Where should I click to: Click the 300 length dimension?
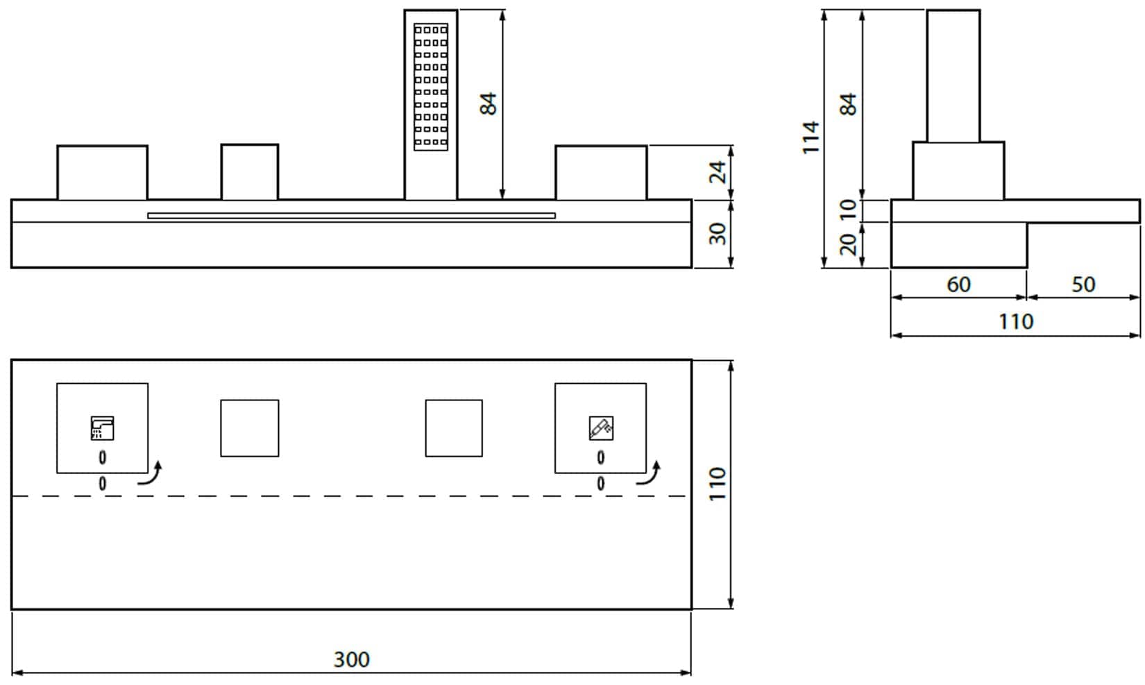coord(351,659)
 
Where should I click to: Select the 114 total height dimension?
coord(811,137)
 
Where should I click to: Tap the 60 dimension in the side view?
coord(958,285)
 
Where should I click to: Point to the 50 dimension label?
coord(1083,285)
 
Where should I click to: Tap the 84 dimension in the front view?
coord(489,104)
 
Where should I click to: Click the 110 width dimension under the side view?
coord(1015,322)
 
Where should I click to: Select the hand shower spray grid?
coord(431,87)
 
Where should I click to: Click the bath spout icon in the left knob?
coord(103,428)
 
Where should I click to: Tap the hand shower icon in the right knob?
coord(600,428)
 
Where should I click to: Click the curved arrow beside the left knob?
coord(151,474)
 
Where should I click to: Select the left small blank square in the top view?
coord(250,428)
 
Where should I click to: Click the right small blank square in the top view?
coord(454,428)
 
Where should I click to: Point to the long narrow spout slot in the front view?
coord(351,216)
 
